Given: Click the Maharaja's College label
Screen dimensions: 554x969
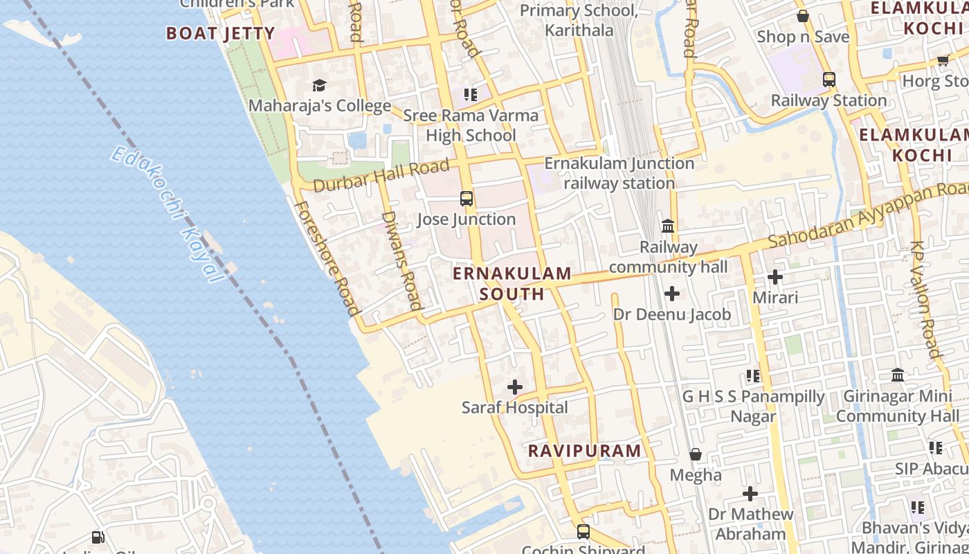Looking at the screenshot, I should pyautogui.click(x=319, y=106).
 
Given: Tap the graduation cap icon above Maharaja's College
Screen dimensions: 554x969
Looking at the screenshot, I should pyautogui.click(x=319, y=85).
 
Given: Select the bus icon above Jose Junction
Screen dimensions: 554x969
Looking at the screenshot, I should pyautogui.click(x=467, y=199).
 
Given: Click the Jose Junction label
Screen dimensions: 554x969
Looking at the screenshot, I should pyautogui.click(x=467, y=220).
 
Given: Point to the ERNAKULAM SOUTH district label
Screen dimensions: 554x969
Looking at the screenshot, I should pyautogui.click(x=512, y=283).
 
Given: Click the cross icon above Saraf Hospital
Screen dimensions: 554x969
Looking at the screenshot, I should pyautogui.click(x=515, y=387).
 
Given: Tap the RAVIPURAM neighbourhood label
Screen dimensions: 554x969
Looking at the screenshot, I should pyautogui.click(x=585, y=451).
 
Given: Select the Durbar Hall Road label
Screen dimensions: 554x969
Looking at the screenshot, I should pyautogui.click(x=381, y=176).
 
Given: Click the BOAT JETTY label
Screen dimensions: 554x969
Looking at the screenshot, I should pyautogui.click(x=221, y=33).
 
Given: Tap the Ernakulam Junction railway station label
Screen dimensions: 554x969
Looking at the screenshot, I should pyautogui.click(x=619, y=173).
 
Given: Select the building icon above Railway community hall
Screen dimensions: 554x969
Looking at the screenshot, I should pyautogui.click(x=668, y=226).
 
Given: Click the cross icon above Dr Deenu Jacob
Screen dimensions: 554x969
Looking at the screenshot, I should pyautogui.click(x=671, y=294).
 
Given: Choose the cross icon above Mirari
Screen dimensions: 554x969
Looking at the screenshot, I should pyautogui.click(x=775, y=277).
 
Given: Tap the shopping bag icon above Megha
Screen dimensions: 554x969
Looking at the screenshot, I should pyautogui.click(x=696, y=454).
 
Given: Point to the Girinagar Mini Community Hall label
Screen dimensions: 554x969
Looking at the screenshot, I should pyautogui.click(x=898, y=406).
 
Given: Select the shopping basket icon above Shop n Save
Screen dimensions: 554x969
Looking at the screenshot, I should pyautogui.click(x=803, y=15).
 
